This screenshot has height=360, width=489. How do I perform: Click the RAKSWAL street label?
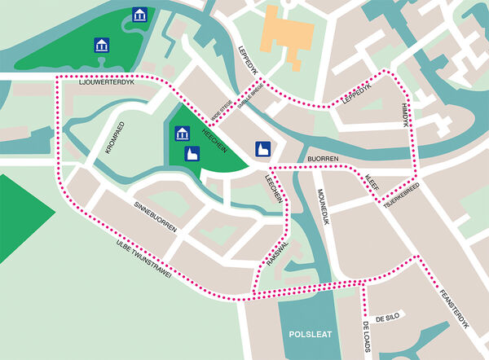pos(276,255)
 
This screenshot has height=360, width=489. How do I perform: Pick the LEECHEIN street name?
pos(275,189)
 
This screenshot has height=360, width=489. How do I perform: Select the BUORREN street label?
pos(323,159)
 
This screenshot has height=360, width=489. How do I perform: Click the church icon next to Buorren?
pos(263,149)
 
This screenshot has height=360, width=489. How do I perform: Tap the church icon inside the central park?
pos(192,154)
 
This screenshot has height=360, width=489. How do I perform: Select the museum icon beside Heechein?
pos(182,134)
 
